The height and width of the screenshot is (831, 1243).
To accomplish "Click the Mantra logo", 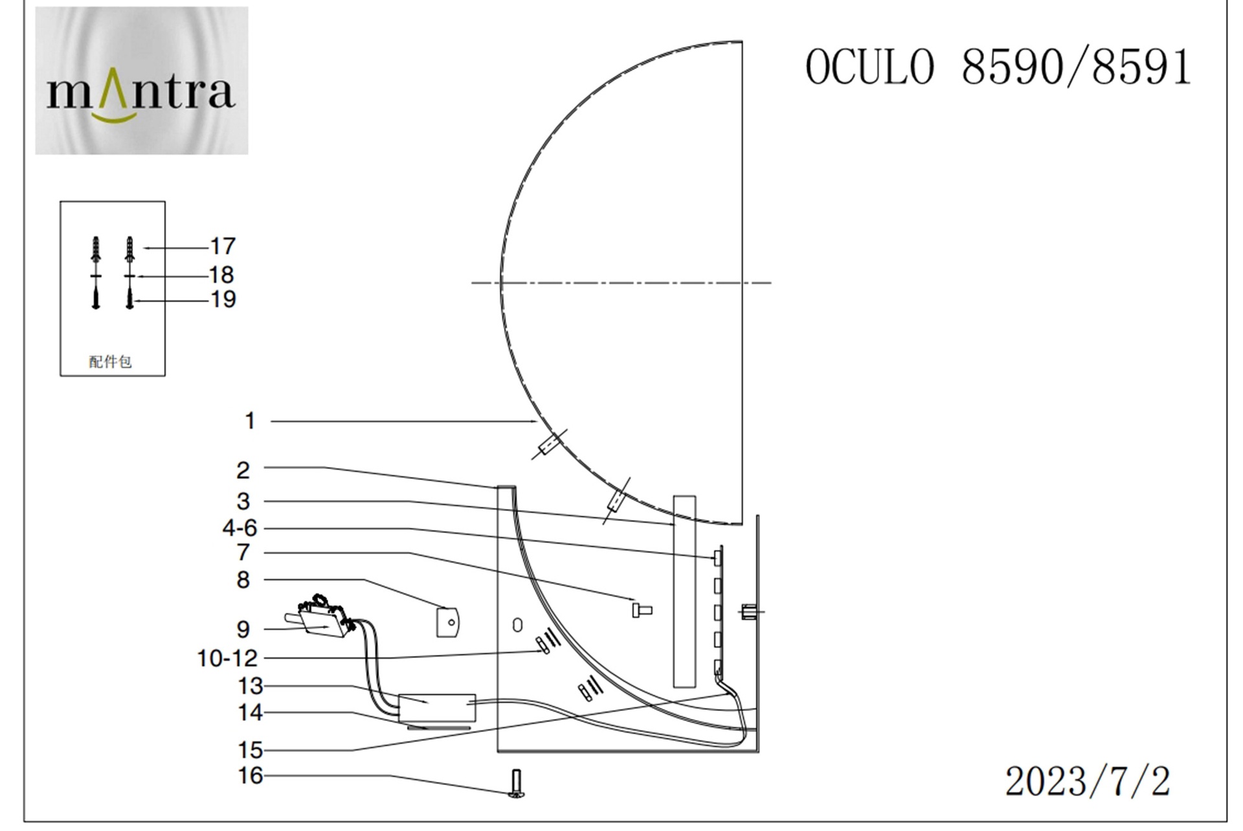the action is click(x=141, y=81).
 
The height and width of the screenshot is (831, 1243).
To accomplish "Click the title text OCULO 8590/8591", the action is click(x=998, y=67).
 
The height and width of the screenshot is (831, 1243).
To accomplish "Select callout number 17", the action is click(x=223, y=246).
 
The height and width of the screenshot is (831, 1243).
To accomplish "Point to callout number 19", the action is click(x=223, y=299).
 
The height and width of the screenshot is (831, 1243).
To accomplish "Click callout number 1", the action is click(x=250, y=421).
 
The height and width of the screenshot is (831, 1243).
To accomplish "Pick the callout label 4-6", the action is click(x=240, y=528).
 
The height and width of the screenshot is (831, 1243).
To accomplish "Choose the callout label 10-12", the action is click(x=227, y=658).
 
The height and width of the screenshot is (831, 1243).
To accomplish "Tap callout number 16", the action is click(x=251, y=775).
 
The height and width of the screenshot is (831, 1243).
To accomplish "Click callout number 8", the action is click(x=243, y=580).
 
